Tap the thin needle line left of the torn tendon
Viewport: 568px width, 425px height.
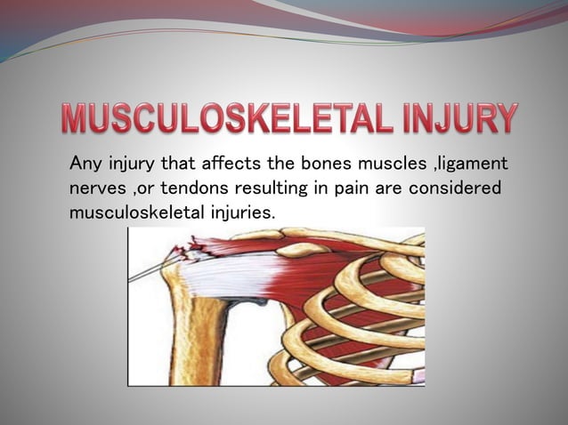[147, 270]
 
